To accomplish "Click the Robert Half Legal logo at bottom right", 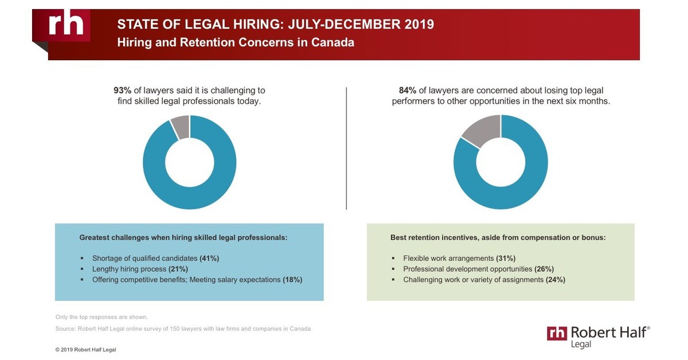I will [599, 336].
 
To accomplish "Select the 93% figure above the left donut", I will [122, 91].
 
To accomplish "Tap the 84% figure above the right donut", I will [407, 91].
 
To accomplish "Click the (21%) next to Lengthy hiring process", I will [178, 269].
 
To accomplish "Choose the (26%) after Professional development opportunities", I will [544, 269].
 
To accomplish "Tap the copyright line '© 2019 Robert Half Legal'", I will [85, 349].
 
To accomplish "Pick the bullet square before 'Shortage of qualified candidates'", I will [82, 259].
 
